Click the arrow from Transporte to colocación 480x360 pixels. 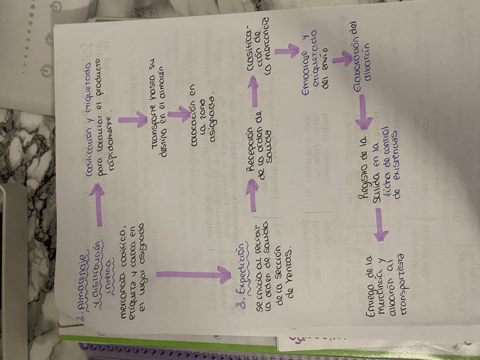179,114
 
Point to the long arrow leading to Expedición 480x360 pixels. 192,275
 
